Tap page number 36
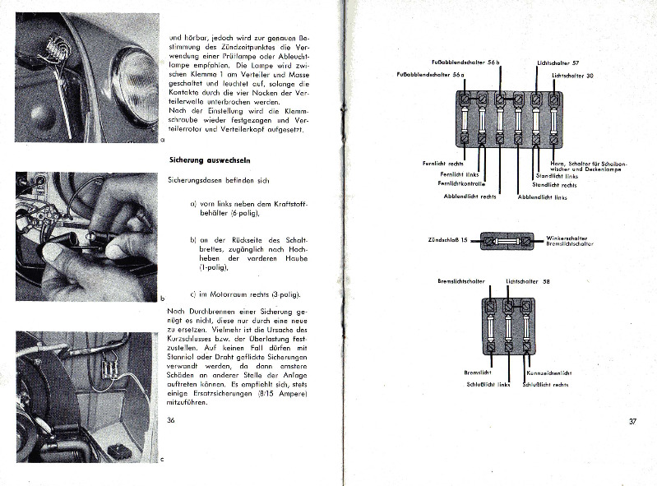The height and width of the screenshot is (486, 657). coord(171,420)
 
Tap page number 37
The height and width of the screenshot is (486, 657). coord(633,422)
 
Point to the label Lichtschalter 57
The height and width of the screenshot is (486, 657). coord(558,62)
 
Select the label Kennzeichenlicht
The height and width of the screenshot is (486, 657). coord(549,373)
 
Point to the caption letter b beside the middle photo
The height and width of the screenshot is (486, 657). coord(163,298)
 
